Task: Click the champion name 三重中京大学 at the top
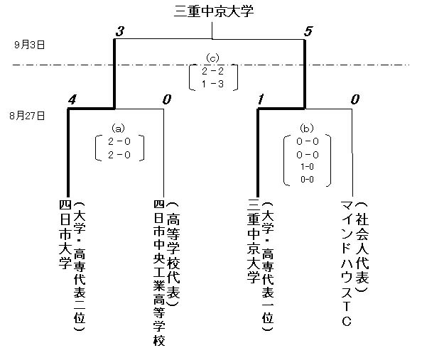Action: (213, 11)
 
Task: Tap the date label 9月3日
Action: (29, 44)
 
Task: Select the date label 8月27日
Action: (27, 114)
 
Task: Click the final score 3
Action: (119, 31)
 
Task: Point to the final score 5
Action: (307, 31)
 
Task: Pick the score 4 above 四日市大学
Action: (72, 100)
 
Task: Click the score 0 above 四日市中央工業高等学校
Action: (167, 100)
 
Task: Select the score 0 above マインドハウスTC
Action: (355, 100)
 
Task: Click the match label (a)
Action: (119, 129)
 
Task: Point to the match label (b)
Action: (308, 129)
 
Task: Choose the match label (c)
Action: (212, 58)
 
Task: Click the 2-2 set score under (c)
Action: (212, 71)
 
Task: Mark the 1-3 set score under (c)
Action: (212, 84)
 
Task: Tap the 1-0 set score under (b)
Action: (308, 167)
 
